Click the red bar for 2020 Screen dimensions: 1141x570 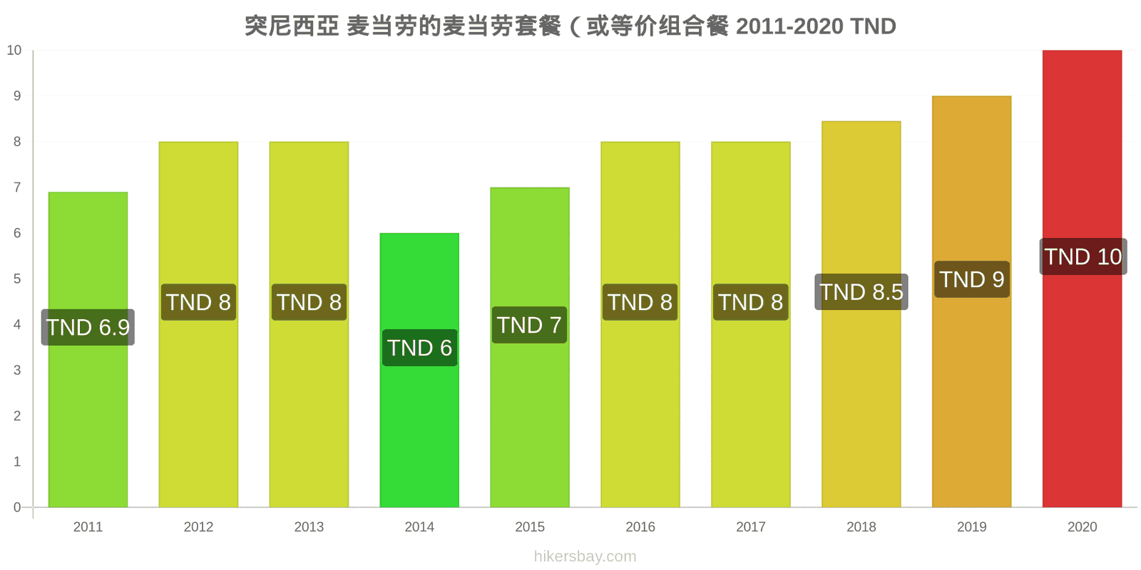pyautogui.click(x=1082, y=279)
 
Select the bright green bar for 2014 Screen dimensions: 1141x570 pyautogui.click(x=419, y=370)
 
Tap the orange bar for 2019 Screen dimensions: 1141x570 pyautogui.click(x=971, y=301)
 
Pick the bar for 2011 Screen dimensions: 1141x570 pyautogui.click(x=88, y=350)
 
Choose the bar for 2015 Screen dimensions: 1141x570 pyautogui.click(x=530, y=347)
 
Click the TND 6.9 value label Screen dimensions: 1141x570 pyautogui.click(x=88, y=327)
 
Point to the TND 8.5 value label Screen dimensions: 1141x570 pyautogui.click(x=861, y=291)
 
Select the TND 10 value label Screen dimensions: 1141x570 pyautogui.click(x=1083, y=256)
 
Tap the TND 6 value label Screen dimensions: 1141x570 pyautogui.click(x=420, y=348)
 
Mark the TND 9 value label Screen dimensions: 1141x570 pyautogui.click(x=972, y=279)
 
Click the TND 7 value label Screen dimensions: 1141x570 pyautogui.click(x=529, y=325)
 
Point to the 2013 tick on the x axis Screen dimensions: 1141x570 pyautogui.click(x=309, y=527)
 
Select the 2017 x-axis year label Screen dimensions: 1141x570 pyautogui.click(x=751, y=527)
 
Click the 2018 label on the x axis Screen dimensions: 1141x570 pyautogui.click(x=861, y=527)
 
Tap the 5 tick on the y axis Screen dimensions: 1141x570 pyautogui.click(x=17, y=279)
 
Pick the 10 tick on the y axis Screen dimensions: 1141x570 pyautogui.click(x=14, y=50)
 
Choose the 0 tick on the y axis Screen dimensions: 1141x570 pyautogui.click(x=17, y=507)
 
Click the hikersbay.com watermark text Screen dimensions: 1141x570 pyautogui.click(x=585, y=556)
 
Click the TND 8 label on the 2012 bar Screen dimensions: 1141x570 pyautogui.click(x=199, y=302)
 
